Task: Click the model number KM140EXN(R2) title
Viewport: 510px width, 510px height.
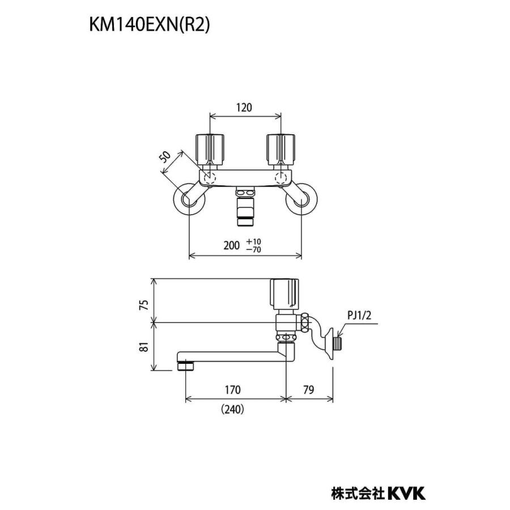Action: tap(148, 25)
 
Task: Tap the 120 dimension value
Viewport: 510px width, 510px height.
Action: tap(244, 107)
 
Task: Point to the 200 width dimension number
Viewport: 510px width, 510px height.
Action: tap(232, 245)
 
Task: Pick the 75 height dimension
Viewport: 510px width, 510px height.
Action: tap(144, 304)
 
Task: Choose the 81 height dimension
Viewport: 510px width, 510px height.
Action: tap(144, 347)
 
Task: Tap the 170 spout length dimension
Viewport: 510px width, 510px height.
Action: tap(232, 390)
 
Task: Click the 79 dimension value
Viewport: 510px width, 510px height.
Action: tap(309, 390)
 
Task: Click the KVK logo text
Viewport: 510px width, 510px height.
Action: tap(406, 493)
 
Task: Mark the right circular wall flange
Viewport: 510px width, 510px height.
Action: tap(302, 200)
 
